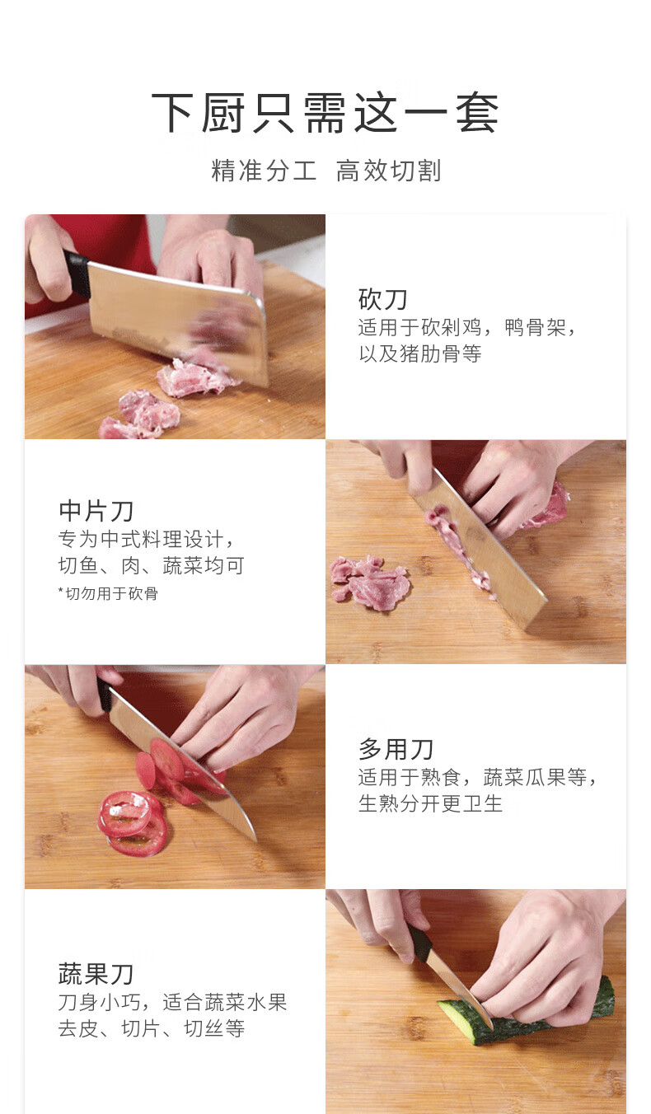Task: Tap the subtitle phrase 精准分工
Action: [264, 171]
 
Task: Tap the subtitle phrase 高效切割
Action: [388, 171]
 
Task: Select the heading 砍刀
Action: [383, 299]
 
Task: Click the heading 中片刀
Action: [96, 511]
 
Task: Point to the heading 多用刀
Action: [396, 749]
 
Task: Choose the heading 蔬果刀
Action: [96, 974]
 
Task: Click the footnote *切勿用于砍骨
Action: [108, 593]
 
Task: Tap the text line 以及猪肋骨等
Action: [420, 354]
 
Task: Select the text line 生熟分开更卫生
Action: [431, 803]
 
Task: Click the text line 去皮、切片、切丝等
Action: [152, 1028]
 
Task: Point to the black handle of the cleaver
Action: [77, 274]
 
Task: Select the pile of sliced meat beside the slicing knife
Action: [370, 582]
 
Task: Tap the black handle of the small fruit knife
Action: [421, 944]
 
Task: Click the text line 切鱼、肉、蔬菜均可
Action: [151, 566]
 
